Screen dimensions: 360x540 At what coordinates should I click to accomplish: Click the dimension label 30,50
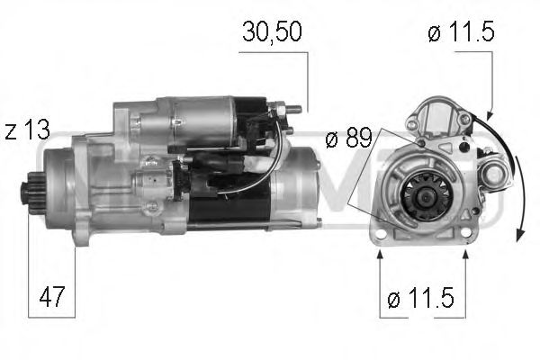pyautogui.click(x=273, y=32)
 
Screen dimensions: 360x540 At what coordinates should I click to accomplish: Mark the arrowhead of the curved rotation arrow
pyautogui.click(x=520, y=235)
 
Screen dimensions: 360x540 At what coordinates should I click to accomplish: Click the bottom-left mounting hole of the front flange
pyautogui.click(x=380, y=236)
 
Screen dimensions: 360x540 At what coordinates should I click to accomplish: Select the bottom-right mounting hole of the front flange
pyautogui.click(x=465, y=235)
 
